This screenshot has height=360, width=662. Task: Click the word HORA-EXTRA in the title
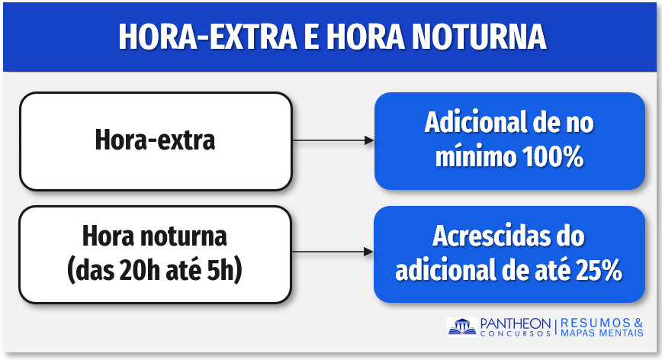pyautogui.click(x=207, y=37)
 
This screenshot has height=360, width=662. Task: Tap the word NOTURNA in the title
pyautogui.click(x=479, y=37)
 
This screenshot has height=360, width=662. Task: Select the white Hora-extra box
pyautogui.click(x=156, y=141)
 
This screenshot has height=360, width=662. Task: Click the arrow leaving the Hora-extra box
pyautogui.click(x=333, y=140)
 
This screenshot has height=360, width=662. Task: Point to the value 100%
pyautogui.click(x=553, y=156)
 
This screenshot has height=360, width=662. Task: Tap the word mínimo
pyautogui.click(x=476, y=156)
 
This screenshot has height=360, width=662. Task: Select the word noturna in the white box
pyautogui.click(x=184, y=236)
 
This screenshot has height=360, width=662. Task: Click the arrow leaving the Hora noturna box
pyautogui.click(x=333, y=252)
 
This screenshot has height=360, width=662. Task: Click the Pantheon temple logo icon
pyautogui.click(x=462, y=327)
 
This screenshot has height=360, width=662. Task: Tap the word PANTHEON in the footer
pyautogui.click(x=516, y=323)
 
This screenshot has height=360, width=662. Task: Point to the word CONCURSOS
pyautogui.click(x=516, y=333)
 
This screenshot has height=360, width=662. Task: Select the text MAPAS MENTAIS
pyautogui.click(x=602, y=333)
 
